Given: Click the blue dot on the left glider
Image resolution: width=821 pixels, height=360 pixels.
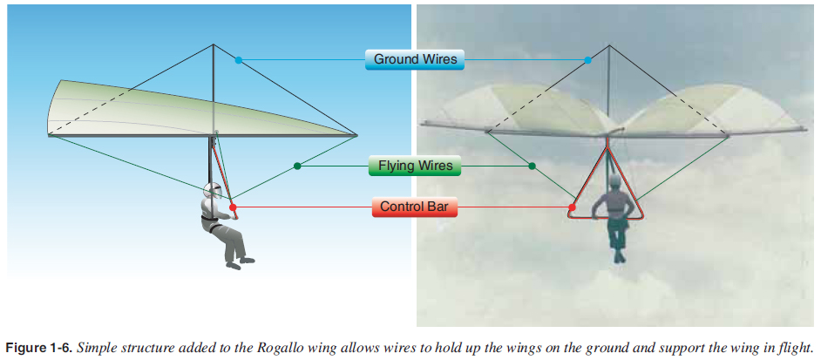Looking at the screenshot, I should pyautogui.click(x=238, y=60).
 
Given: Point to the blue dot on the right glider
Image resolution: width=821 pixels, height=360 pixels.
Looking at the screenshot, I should pyautogui.click(x=588, y=60).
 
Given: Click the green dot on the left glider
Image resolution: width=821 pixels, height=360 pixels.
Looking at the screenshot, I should pyautogui.click(x=298, y=166).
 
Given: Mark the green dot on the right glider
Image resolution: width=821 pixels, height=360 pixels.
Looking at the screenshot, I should pyautogui.click(x=532, y=166).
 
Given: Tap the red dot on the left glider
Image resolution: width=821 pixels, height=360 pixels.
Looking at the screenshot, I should pyautogui.click(x=233, y=207).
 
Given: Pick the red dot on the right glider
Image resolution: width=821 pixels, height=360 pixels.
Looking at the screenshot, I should pyautogui.click(x=572, y=207).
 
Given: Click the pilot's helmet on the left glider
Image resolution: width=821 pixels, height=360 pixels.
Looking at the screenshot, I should pyautogui.click(x=212, y=192).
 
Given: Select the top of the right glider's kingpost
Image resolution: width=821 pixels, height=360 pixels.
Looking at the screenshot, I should pyautogui.click(x=607, y=44).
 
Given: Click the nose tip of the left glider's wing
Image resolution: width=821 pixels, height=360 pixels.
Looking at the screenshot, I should pyautogui.click(x=357, y=135).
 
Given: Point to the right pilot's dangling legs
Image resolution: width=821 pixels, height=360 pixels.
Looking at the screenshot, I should pyautogui.click(x=617, y=240).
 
